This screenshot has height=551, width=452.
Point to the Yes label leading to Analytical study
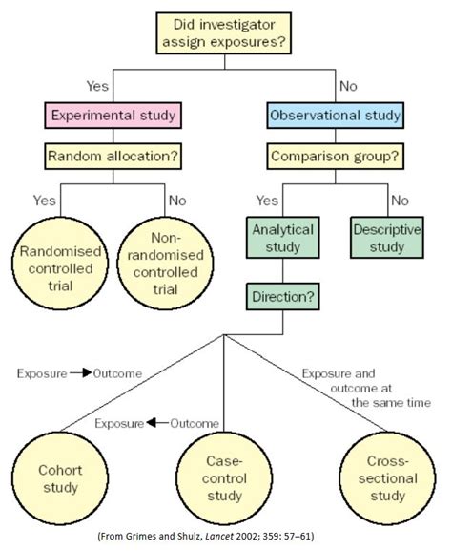[x=268, y=201]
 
